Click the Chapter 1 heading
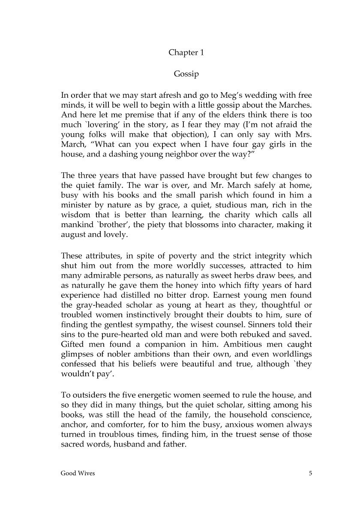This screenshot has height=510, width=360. (186, 53)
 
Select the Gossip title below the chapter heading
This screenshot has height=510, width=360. (186, 74)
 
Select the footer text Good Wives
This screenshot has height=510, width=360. (78, 474)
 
